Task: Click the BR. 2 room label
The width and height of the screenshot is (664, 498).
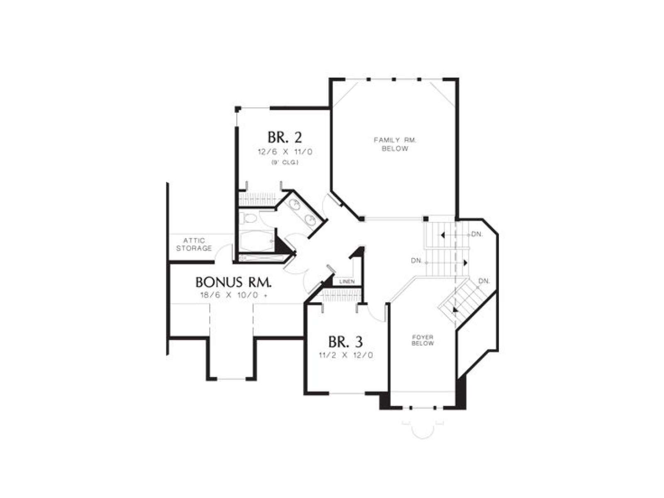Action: (284, 138)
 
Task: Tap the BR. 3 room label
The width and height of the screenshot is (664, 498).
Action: (345, 342)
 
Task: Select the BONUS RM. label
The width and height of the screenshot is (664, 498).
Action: (233, 283)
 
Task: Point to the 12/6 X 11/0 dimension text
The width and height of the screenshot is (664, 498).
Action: (285, 152)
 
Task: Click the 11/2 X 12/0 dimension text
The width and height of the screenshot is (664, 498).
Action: (346, 355)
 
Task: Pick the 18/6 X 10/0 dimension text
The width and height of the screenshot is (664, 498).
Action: (233, 295)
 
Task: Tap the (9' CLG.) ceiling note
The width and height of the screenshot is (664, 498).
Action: (284, 163)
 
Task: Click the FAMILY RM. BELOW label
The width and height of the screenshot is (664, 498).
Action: (395, 144)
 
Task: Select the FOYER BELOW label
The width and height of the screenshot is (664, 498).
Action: (422, 340)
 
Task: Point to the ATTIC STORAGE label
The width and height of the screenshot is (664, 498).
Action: (194, 244)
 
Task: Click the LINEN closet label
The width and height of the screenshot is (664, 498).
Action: (347, 281)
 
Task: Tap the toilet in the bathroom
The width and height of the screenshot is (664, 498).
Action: (248, 218)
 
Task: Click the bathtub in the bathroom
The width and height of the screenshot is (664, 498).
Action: (256, 241)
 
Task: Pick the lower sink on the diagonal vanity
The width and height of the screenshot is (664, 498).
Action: (310, 219)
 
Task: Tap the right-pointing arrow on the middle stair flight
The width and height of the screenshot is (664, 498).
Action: (465, 263)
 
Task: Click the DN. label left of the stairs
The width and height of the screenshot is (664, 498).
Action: (417, 260)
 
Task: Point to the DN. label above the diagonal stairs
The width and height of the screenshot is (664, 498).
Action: (484, 281)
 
